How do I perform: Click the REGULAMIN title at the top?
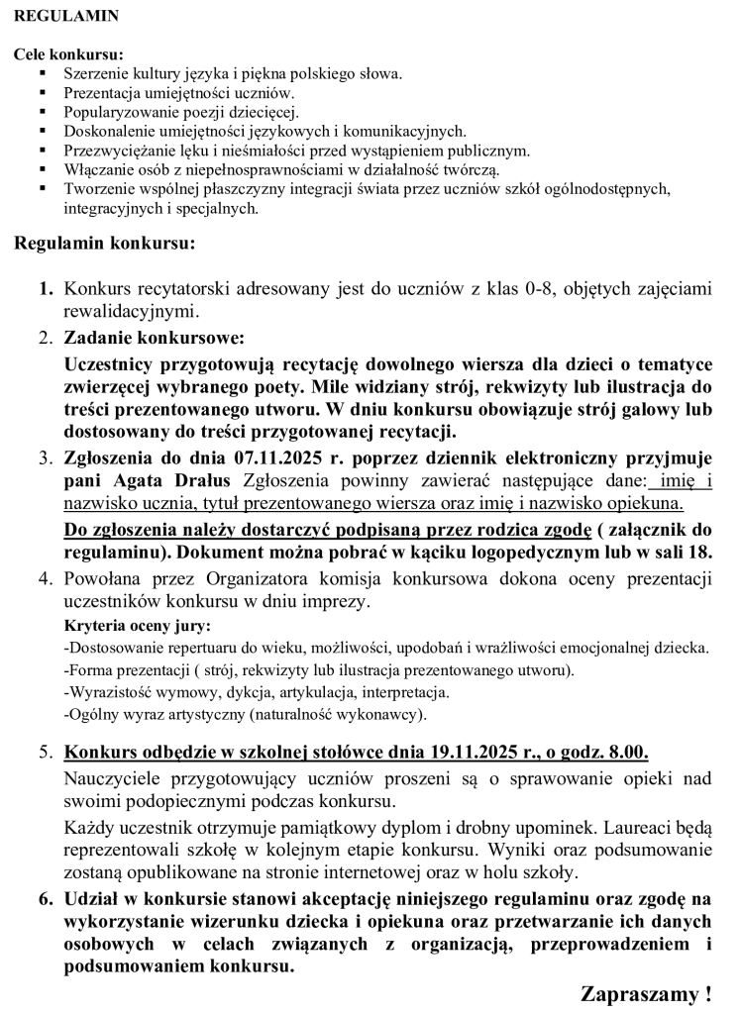(x=67, y=17)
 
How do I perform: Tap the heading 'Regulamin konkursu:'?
(x=104, y=243)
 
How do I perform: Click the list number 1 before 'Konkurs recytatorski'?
(x=45, y=290)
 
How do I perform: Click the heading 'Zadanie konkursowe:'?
(x=153, y=338)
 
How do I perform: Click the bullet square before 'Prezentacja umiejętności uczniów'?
(x=42, y=93)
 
